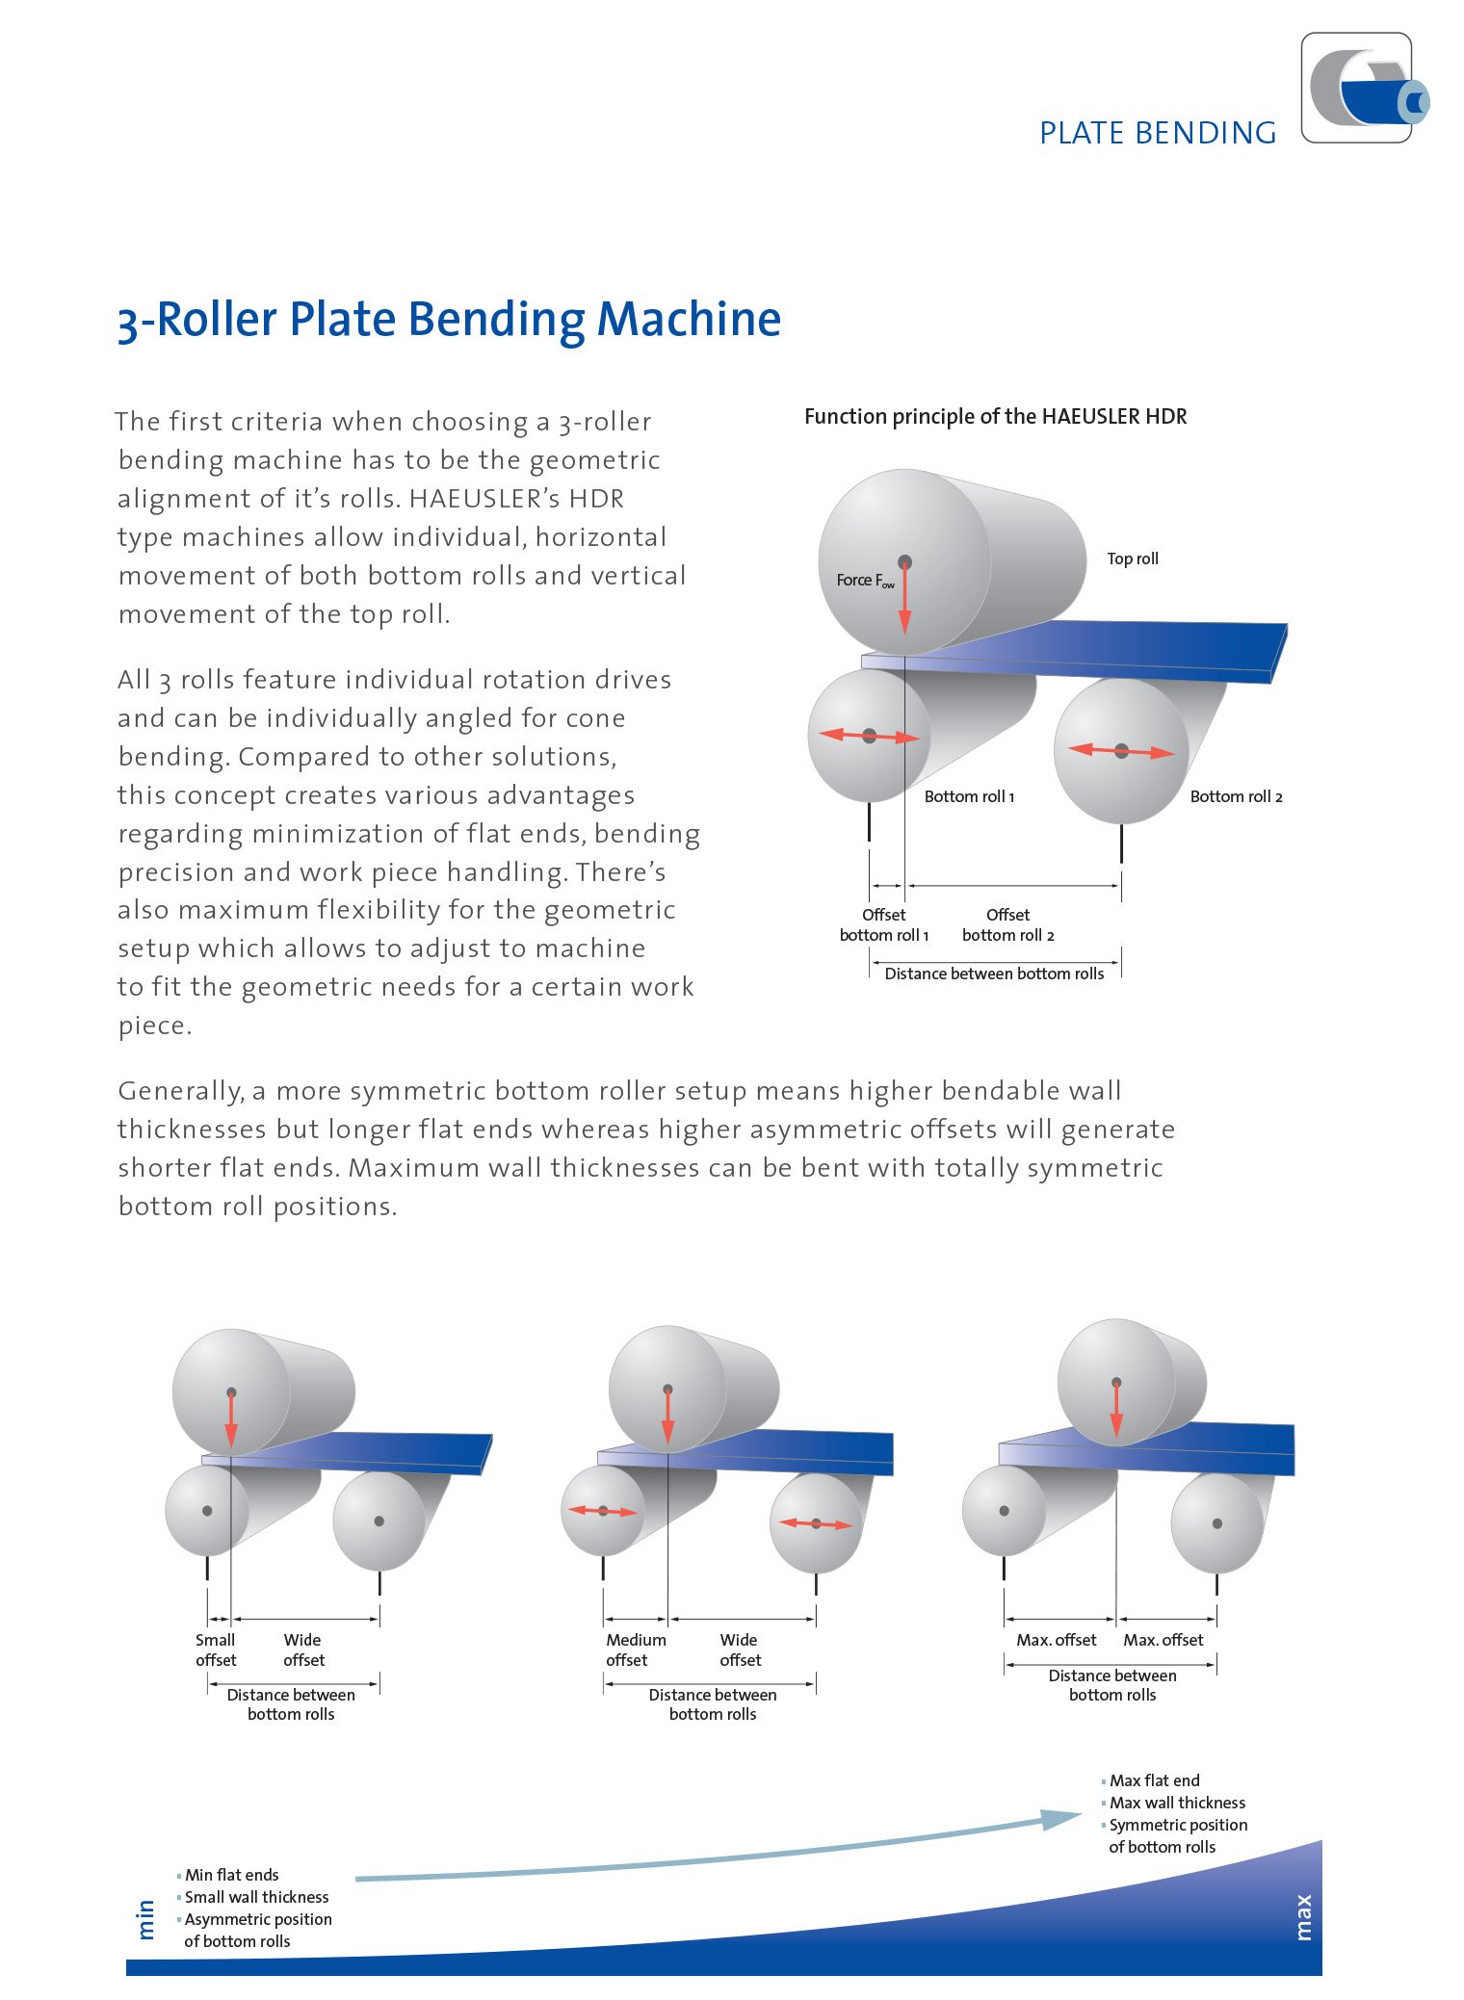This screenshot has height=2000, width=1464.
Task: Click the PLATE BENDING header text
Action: (x=1158, y=133)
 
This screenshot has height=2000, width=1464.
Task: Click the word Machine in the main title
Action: (x=689, y=319)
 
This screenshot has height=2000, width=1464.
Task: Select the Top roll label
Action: (x=1133, y=558)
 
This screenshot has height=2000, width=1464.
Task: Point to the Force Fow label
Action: (x=865, y=580)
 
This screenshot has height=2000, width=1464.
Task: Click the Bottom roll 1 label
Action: (x=969, y=796)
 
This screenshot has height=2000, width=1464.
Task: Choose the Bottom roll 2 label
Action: (x=1236, y=796)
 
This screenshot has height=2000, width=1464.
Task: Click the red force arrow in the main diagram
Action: (x=904, y=597)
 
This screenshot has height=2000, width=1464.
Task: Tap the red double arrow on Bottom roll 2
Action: (x=1121, y=751)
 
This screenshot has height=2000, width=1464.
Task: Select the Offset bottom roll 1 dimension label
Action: (x=883, y=924)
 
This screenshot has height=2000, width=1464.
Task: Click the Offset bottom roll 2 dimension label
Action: (x=1007, y=924)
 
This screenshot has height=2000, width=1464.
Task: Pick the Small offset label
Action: (x=216, y=1649)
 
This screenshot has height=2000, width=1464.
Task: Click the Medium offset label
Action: (x=636, y=1649)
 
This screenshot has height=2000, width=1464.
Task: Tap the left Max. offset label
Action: (x=1057, y=1640)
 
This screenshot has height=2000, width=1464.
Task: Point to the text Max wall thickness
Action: (x=1177, y=1803)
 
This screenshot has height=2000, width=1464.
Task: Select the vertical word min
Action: (x=146, y=1919)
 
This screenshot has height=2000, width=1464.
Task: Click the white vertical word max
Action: (x=1303, y=1917)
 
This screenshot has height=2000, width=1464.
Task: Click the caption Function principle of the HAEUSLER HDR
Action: (x=996, y=416)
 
